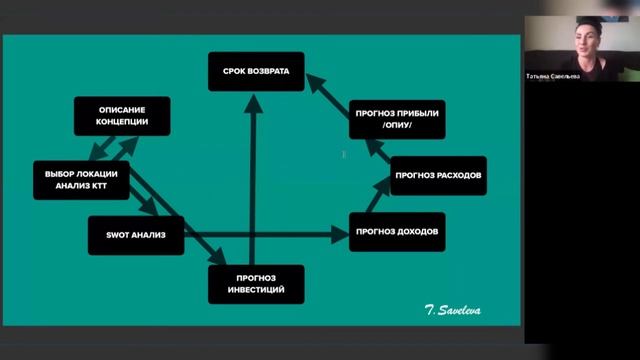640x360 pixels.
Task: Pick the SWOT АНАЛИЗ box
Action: coord(127,235)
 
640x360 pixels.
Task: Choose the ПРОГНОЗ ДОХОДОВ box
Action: coord(397,232)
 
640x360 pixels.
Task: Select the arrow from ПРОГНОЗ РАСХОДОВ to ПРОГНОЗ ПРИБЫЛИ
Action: coord(376,150)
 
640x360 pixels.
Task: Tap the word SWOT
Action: coord(112,235)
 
